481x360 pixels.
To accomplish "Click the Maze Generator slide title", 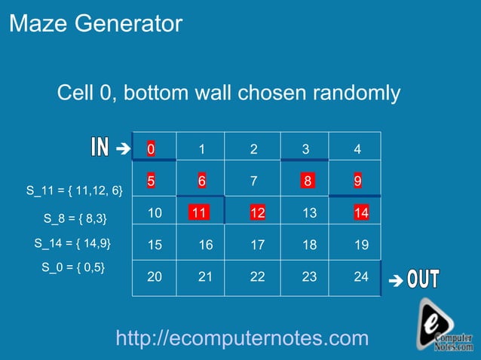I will [96, 24].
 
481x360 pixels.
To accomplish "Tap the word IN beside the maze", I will [100, 148].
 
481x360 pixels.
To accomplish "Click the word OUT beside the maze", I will [424, 279].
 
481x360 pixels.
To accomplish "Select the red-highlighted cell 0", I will [151, 149].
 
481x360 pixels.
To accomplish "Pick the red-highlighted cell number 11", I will [199, 213].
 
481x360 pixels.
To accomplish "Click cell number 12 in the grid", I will [257, 213].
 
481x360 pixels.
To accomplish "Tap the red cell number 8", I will [307, 182].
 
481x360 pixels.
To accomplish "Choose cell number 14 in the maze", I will [361, 213].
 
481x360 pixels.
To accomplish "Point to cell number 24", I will [361, 276].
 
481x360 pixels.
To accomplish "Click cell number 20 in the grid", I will [155, 276].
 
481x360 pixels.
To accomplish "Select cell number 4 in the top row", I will [357, 149].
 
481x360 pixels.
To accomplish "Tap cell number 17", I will [257, 245].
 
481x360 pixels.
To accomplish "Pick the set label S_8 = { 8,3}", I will [75, 219].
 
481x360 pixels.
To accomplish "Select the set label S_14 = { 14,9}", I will [73, 243].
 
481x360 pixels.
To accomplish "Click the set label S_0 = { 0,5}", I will [73, 267].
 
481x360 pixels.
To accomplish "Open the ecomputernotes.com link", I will [242, 338].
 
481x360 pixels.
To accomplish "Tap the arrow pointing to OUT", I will [395, 282].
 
